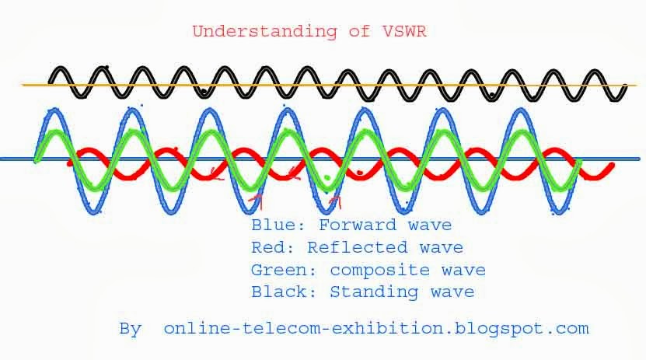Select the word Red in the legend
269,248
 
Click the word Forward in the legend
358,225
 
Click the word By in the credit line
130,329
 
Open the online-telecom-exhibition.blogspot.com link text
376,329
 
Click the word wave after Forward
428,225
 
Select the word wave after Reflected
440,248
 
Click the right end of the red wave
613,165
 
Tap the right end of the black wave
625,92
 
